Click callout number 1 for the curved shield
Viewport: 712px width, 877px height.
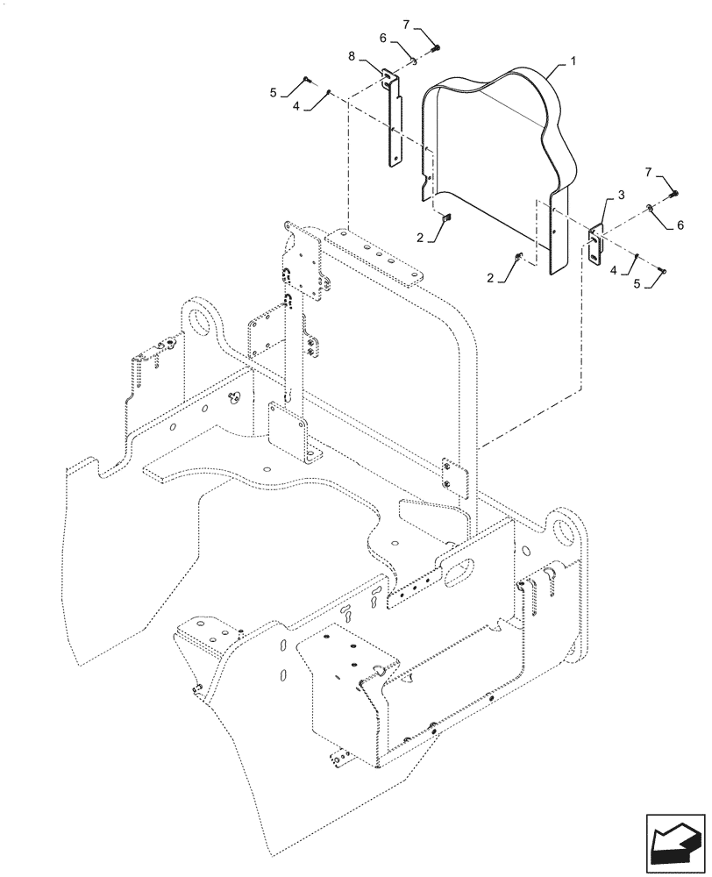[x=573, y=63]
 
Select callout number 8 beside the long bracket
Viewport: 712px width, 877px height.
[x=352, y=55]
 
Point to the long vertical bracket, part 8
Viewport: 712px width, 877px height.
[x=392, y=118]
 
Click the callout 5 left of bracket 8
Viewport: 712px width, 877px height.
[x=274, y=92]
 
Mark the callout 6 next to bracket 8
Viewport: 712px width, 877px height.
[x=383, y=39]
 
